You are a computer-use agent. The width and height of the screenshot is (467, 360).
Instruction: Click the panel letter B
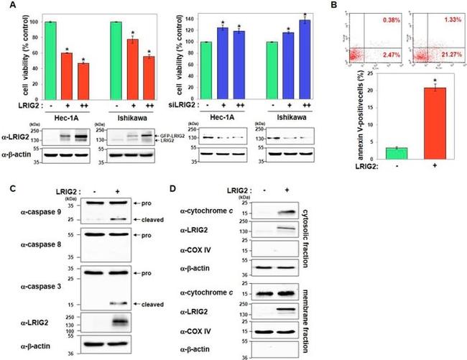(337, 6)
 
